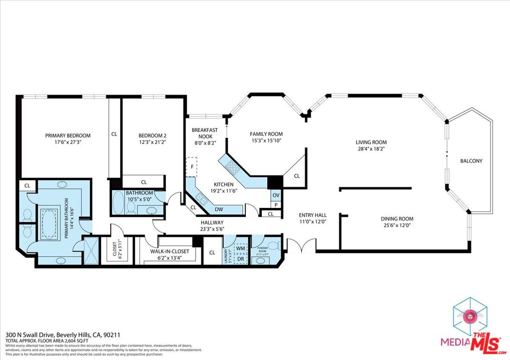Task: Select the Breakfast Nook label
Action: coord(205,133)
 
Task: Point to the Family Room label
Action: coord(266,133)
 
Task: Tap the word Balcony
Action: coord(471,160)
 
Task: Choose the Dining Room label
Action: coord(397,218)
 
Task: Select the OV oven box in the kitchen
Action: coord(275,195)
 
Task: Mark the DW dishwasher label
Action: coord(219,209)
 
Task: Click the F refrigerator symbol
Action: coord(192,167)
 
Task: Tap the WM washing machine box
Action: coord(240,247)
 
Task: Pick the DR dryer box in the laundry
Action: coord(240,258)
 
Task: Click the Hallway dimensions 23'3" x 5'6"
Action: coord(212,229)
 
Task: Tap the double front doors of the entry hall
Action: coord(300,245)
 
